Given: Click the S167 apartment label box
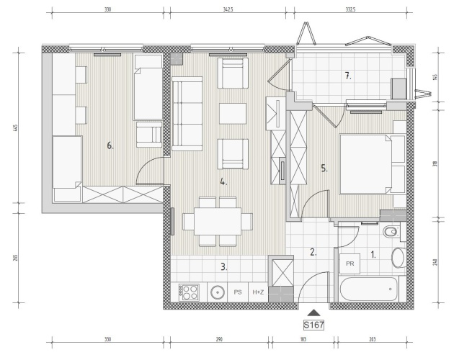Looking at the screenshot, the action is (x=313, y=325).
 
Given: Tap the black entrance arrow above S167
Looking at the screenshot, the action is (x=314, y=312).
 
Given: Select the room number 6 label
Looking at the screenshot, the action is (x=110, y=145).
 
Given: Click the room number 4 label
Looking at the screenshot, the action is (x=223, y=182).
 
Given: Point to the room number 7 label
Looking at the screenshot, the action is (x=348, y=76).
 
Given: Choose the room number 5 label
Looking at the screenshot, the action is (x=324, y=168).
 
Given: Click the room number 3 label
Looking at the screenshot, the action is (x=224, y=267).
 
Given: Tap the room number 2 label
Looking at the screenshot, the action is (x=313, y=252).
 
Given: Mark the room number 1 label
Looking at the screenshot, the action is (x=373, y=255).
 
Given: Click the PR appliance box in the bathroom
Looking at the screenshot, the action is (x=350, y=264).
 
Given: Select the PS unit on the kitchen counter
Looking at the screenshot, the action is (x=238, y=292).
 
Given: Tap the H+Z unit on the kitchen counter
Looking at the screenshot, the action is (x=258, y=292).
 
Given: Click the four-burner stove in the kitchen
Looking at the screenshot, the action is (x=189, y=292).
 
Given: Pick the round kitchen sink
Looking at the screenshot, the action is (x=218, y=292).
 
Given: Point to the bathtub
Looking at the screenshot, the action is (x=369, y=289).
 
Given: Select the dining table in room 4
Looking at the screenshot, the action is (x=218, y=221).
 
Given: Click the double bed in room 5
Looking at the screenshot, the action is (x=366, y=163).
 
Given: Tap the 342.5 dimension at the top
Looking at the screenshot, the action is (x=228, y=9).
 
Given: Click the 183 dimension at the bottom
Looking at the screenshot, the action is (x=303, y=339).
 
